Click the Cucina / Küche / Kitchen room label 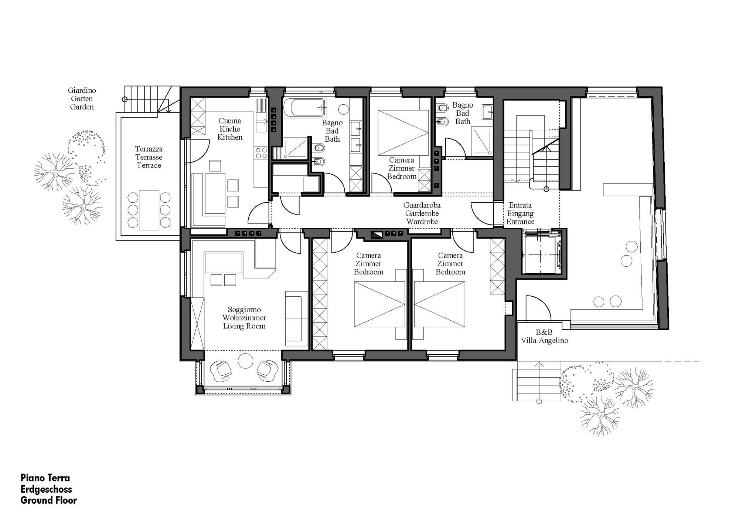(x=230, y=129)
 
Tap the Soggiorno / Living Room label (x=244, y=318)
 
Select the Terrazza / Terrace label (x=149, y=157)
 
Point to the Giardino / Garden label (x=82, y=99)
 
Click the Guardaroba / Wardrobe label (x=422, y=213)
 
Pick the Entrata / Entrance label (x=520, y=213)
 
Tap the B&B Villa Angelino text (x=545, y=337)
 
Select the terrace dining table (x=149, y=210)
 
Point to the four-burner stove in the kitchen (x=261, y=153)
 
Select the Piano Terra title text (x=45, y=478)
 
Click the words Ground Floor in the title (x=49, y=500)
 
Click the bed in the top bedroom (x=403, y=133)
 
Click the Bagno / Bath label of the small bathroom (x=463, y=113)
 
